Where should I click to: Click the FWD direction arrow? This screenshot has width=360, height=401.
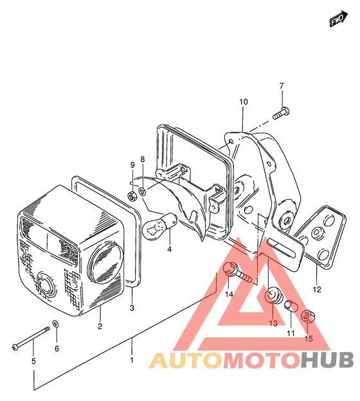click(x=338, y=19)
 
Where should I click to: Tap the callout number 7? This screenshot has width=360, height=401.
click(x=282, y=85)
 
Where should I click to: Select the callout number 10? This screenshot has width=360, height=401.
click(x=244, y=102)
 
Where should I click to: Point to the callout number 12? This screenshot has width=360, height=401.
click(x=317, y=289)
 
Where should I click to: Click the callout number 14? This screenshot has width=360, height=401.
click(x=229, y=294)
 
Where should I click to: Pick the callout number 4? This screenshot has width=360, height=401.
click(x=169, y=249)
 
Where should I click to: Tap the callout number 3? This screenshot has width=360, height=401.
click(x=132, y=308)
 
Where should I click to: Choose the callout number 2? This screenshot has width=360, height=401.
click(x=100, y=326)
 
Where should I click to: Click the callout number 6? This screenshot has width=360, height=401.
click(x=57, y=348)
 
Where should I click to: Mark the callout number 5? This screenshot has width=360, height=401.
click(x=33, y=361)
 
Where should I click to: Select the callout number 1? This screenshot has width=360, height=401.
click(x=132, y=361)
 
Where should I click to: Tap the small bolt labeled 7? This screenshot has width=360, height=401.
click(x=280, y=114)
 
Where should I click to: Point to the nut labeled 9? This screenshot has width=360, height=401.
click(x=132, y=197)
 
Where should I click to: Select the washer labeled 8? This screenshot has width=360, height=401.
click(x=142, y=190)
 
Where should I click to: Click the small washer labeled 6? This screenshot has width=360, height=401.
click(x=56, y=324)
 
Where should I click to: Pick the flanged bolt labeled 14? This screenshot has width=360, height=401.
click(x=237, y=272)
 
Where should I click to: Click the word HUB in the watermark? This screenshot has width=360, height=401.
click(x=327, y=360)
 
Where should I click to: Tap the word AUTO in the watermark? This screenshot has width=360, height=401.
click(x=186, y=360)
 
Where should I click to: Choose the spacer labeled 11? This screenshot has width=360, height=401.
click(x=291, y=306)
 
